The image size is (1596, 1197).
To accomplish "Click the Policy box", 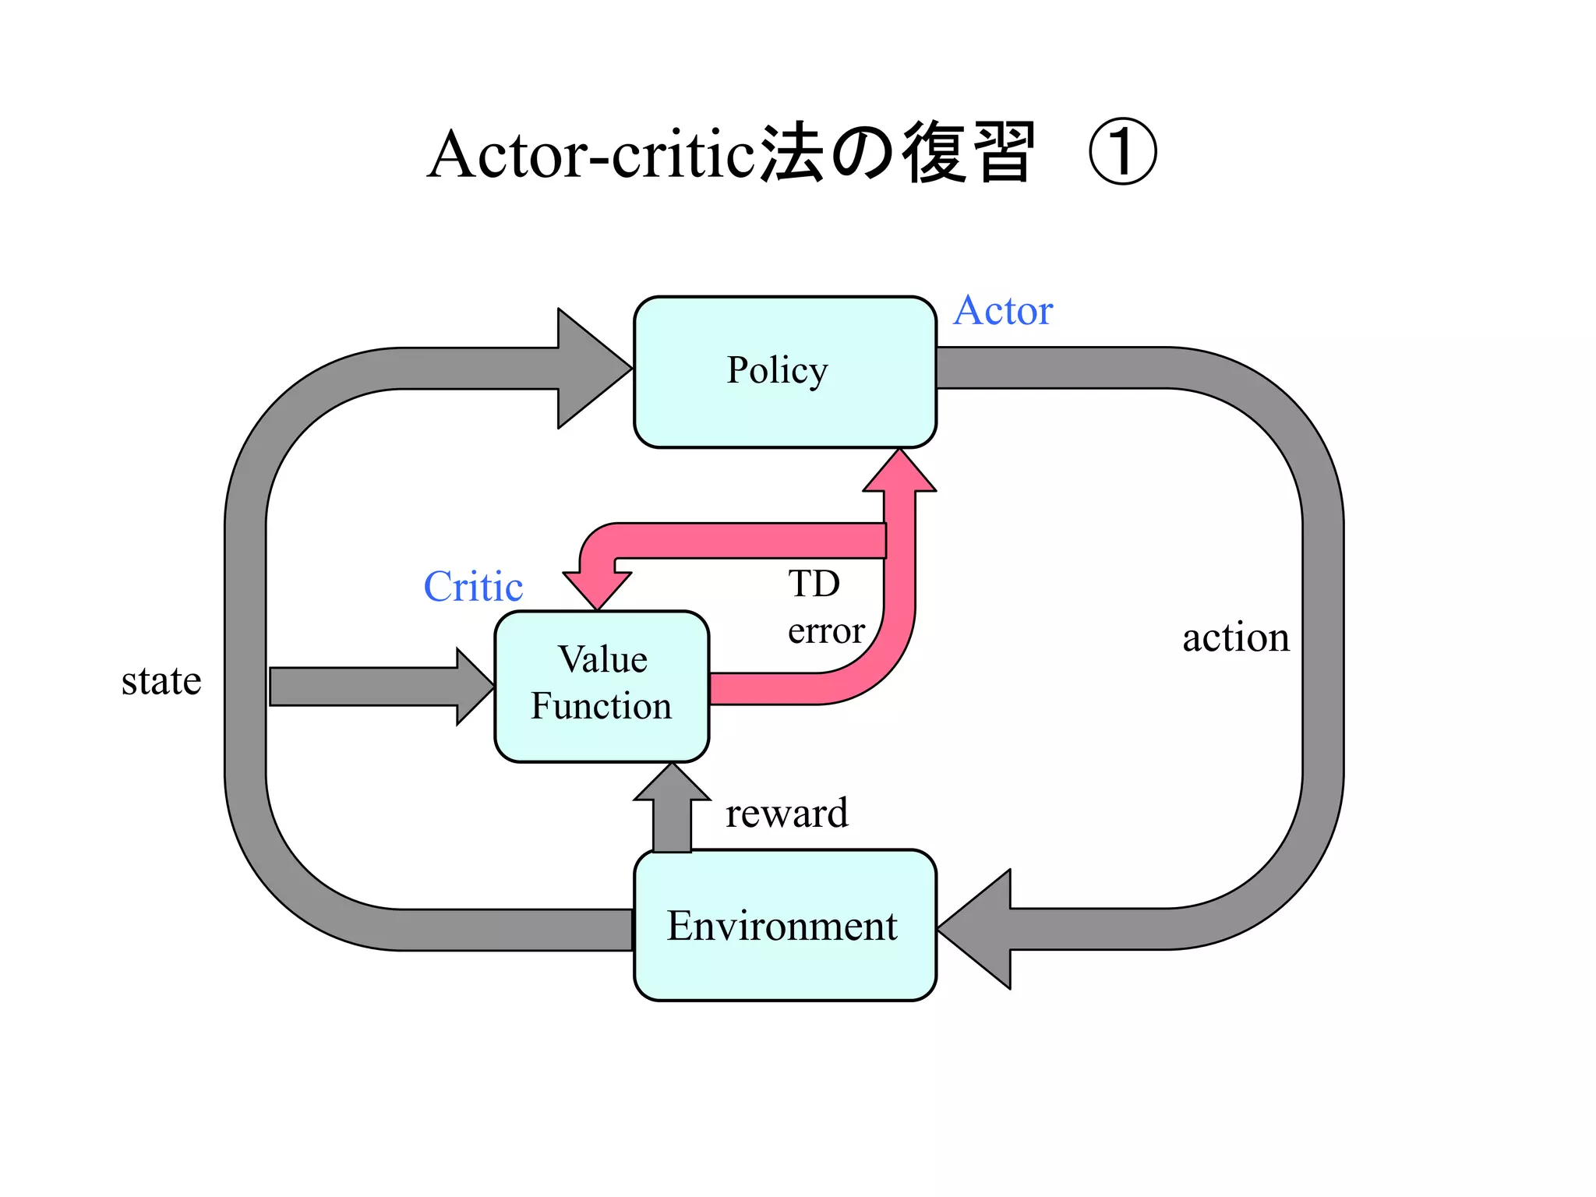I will tap(784, 372).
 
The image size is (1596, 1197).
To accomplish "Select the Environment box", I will tap(784, 925).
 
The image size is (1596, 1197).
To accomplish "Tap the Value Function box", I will tap(602, 686).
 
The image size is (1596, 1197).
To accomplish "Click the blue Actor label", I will tap(1003, 311).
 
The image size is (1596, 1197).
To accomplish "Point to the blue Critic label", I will tap(473, 587).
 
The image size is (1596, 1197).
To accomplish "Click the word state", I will tap(161, 681).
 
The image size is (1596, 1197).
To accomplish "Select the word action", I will tap(1236, 637).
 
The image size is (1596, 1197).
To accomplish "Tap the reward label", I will tap(787, 813).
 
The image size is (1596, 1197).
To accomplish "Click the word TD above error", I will tap(814, 583).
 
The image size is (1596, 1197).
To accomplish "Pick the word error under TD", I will tap(826, 630).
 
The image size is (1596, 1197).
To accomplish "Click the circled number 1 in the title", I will tap(1122, 153).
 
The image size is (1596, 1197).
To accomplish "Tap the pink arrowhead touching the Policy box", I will tap(899, 472).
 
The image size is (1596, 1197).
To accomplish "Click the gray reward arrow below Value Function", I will tap(672, 810).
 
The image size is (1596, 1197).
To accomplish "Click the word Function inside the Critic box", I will tap(601, 706).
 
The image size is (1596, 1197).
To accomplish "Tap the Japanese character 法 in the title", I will tap(791, 154).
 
